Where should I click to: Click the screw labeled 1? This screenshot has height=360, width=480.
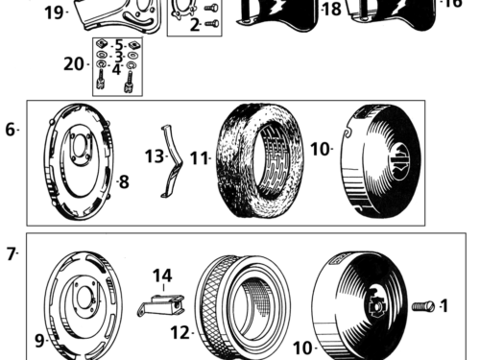(x=420, y=306)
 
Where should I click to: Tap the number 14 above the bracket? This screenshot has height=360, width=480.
(x=162, y=276)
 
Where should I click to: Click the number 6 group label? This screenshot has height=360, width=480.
(x=11, y=128)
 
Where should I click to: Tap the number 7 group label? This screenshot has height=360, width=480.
(x=11, y=254)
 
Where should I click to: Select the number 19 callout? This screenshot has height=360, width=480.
(x=54, y=12)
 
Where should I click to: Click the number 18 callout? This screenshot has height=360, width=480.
(x=331, y=10)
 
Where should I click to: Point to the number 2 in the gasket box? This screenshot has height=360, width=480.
(x=195, y=24)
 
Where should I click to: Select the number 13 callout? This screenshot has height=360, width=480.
(x=154, y=156)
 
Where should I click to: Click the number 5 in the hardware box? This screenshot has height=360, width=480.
(x=118, y=45)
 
